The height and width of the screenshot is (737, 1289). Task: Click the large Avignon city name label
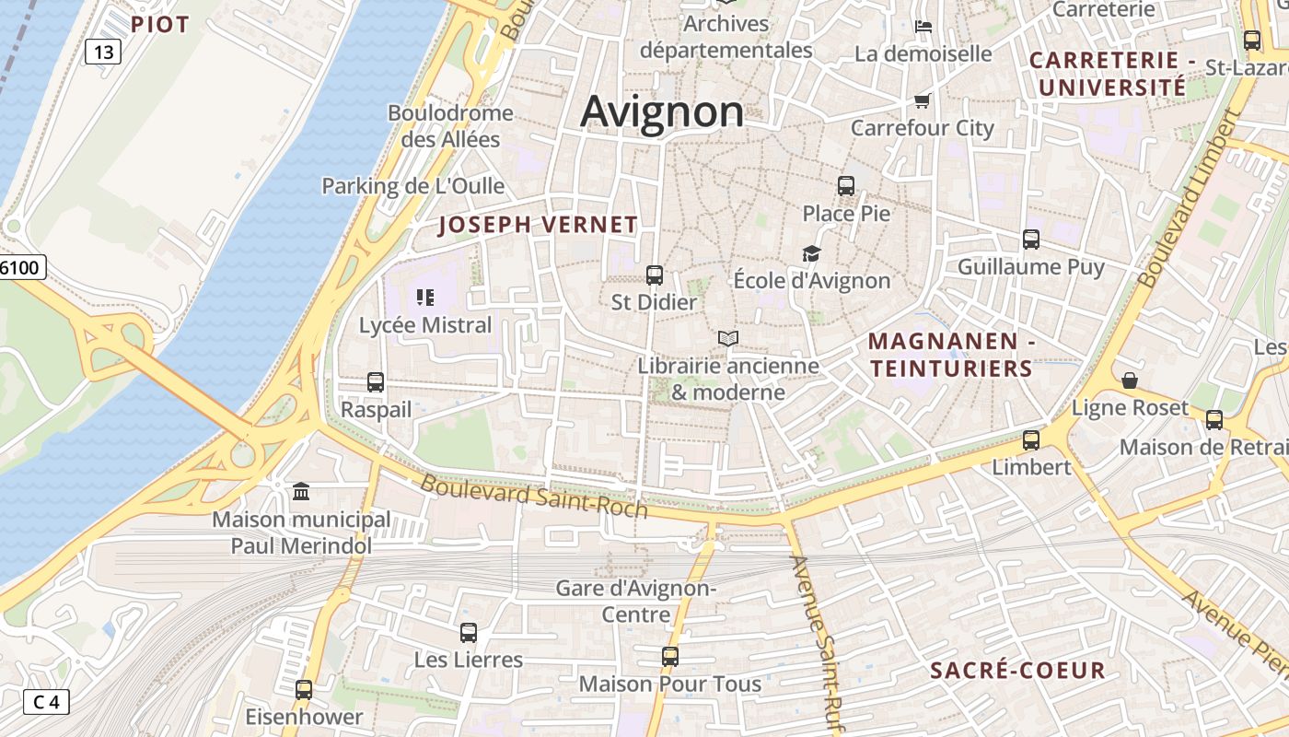click(662, 111)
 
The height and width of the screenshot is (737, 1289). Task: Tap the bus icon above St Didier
click(655, 275)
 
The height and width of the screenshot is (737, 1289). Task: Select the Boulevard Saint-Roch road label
click(534, 497)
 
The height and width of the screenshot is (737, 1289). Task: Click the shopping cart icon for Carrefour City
click(922, 100)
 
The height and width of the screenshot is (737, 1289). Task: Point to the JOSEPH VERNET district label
click(538, 225)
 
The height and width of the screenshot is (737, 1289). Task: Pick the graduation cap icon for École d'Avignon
click(811, 253)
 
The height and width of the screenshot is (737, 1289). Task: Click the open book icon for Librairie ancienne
click(728, 338)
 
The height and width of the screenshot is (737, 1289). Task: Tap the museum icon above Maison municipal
click(301, 492)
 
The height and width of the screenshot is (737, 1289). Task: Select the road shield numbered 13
click(103, 52)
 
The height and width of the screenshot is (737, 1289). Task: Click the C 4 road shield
click(45, 702)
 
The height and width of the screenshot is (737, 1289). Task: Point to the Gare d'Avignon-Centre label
click(635, 600)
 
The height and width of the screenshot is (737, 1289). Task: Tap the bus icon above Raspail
click(376, 381)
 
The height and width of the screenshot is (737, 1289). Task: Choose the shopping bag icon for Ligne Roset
click(1130, 380)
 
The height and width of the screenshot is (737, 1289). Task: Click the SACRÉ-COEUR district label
click(1017, 670)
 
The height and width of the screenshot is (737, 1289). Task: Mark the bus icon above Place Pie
click(846, 185)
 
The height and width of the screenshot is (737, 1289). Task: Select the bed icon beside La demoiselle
click(923, 27)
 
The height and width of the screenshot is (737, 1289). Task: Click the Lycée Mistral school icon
click(424, 297)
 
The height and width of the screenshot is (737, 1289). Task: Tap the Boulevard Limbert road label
click(1190, 199)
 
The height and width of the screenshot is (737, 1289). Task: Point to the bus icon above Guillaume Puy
click(1031, 240)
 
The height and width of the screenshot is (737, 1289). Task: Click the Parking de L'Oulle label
click(412, 186)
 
